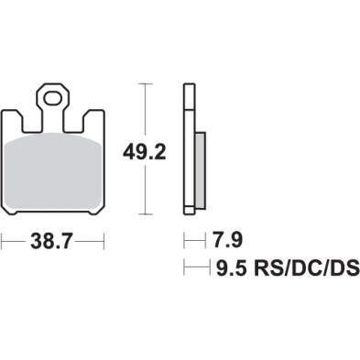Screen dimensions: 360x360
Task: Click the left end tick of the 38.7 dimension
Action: point(3,242)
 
